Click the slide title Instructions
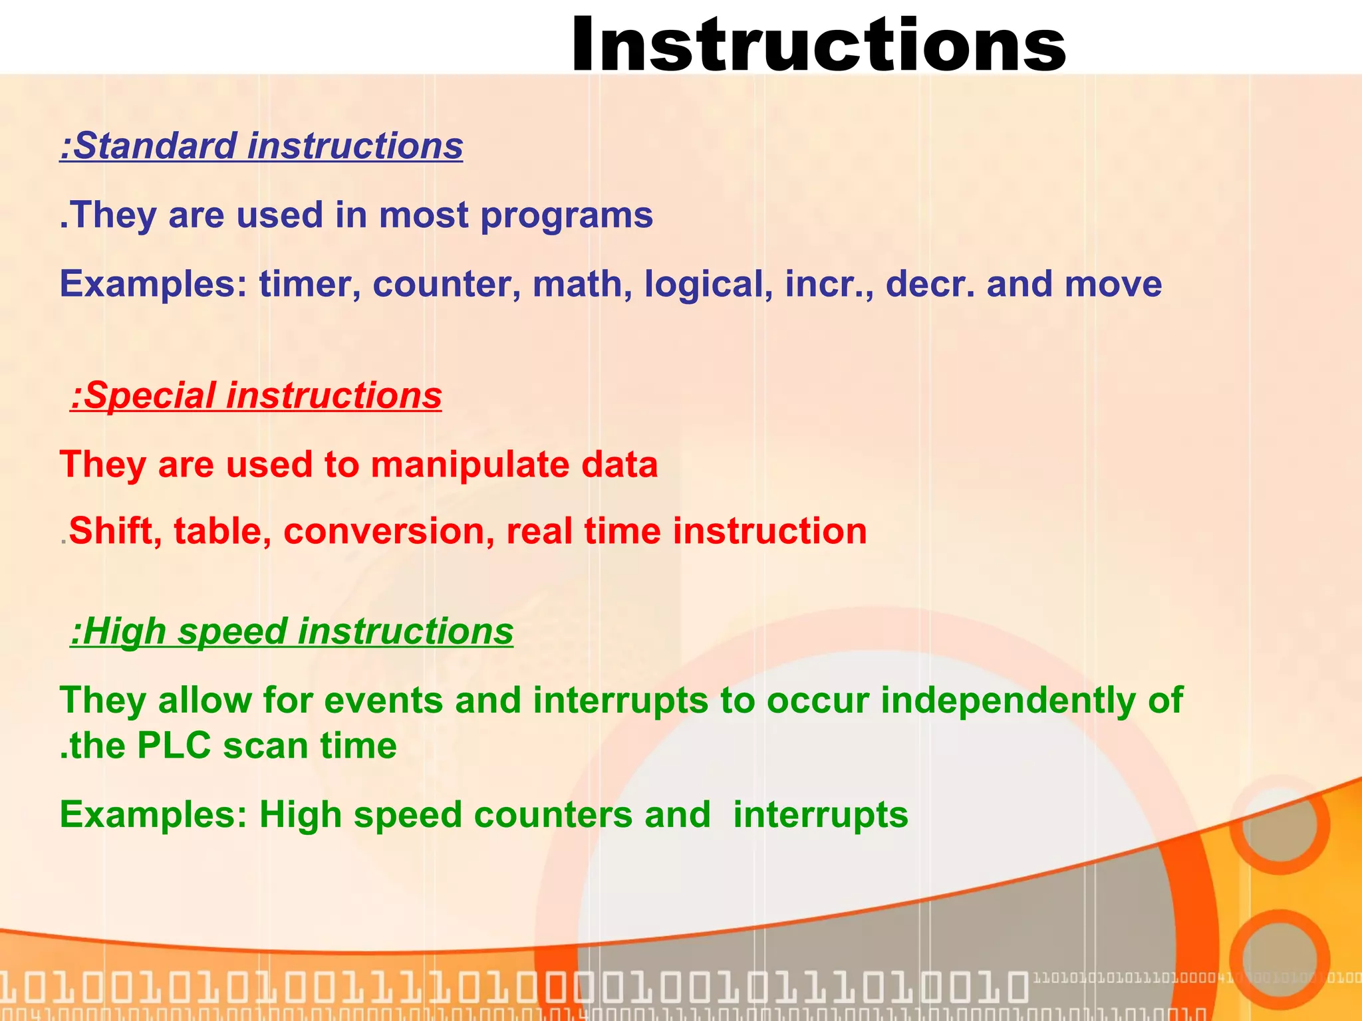tap(818, 45)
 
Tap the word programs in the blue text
tap(566, 215)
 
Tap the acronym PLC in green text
tap(174, 745)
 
